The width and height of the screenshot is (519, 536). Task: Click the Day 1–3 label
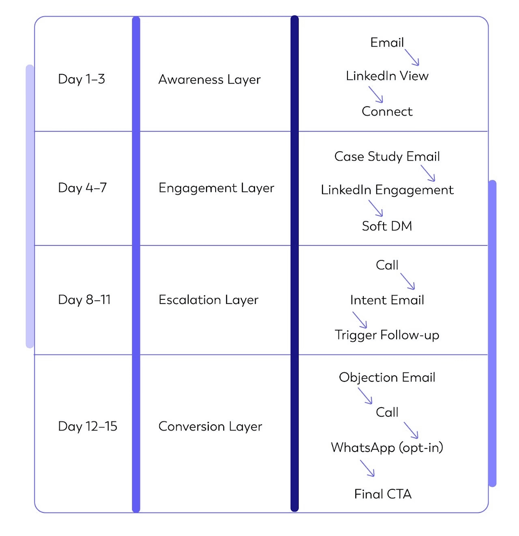(81, 79)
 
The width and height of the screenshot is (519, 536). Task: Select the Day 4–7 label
(82, 188)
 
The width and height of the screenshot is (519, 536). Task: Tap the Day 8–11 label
(84, 300)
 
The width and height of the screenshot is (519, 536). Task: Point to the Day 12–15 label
(88, 426)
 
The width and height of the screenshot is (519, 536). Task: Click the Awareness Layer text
(209, 80)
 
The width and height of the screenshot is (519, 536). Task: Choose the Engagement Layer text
(216, 188)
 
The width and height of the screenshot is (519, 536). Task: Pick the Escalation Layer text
(208, 300)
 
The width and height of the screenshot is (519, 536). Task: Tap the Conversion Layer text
(210, 426)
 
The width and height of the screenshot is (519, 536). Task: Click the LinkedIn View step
(387, 76)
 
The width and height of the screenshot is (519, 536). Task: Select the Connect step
(387, 112)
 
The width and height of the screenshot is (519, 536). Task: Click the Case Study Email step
(387, 157)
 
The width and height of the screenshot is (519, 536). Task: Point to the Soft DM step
(387, 226)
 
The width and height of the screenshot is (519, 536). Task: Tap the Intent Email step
(387, 300)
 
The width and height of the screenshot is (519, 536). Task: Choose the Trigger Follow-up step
(387, 335)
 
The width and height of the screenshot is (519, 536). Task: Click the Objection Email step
(387, 377)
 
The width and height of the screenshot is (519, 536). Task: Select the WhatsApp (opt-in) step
(387, 448)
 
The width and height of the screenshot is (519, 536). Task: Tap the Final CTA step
(383, 494)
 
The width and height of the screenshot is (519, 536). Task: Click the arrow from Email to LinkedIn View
(412, 57)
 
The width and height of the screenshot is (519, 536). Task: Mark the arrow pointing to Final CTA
(367, 468)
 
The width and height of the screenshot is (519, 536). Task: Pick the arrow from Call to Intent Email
(407, 281)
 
